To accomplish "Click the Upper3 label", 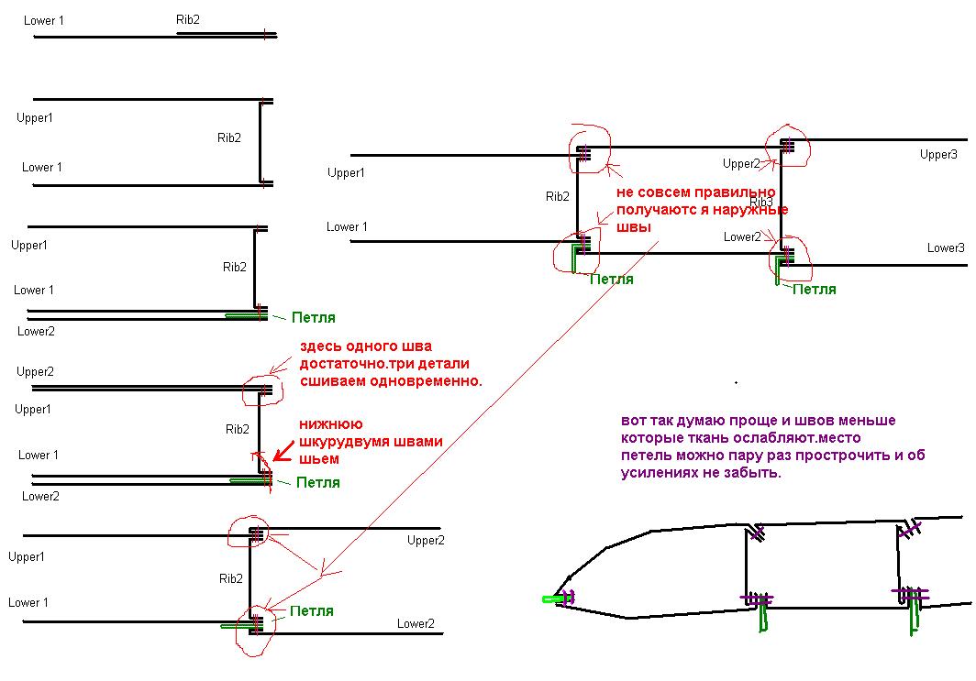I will (x=937, y=155).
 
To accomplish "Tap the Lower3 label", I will (x=945, y=247).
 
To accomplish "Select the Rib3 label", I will (x=761, y=202).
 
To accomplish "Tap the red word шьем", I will (x=321, y=458).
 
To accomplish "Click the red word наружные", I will (x=756, y=210).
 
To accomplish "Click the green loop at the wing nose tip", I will (x=553, y=599).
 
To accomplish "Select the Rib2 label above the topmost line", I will (x=187, y=19).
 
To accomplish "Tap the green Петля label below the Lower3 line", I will (x=814, y=289).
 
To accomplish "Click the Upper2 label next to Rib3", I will (x=741, y=164).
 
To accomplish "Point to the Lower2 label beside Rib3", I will (x=742, y=236).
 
